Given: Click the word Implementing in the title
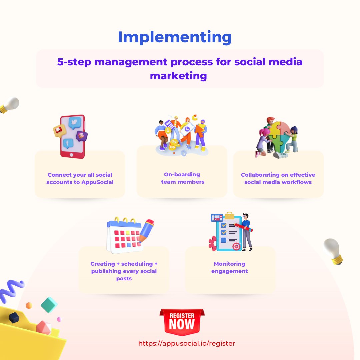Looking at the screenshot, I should [x=175, y=37].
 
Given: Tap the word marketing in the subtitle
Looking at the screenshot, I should [x=178, y=76].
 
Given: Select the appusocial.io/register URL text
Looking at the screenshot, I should [x=187, y=343].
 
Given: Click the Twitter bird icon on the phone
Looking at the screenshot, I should [x=75, y=123].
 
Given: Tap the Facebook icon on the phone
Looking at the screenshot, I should [x=68, y=143].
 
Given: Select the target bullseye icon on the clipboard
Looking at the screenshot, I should [x=236, y=246].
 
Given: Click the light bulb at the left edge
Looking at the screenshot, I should [x=9, y=105].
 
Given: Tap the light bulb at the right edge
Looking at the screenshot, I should [x=333, y=251].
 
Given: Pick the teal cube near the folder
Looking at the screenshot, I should [x=49, y=304].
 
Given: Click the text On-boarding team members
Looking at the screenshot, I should [x=182, y=178].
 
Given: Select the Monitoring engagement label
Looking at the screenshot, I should [x=230, y=267].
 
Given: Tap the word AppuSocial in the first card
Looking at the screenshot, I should [x=97, y=182].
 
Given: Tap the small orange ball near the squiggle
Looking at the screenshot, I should [x=29, y=305].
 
